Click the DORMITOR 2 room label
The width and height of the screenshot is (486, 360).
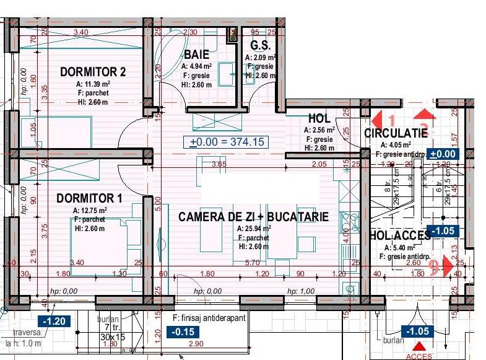coord(93,72)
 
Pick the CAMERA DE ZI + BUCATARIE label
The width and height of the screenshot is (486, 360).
coord(253,217)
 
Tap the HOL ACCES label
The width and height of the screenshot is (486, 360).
coord(399,235)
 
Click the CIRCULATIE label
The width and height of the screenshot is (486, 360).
coord(396,133)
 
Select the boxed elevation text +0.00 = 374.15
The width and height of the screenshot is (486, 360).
coord(227,142)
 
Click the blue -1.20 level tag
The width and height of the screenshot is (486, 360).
coord(53,320)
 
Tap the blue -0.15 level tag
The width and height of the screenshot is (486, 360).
coord(183,331)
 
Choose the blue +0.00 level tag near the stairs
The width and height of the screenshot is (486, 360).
coord(443,154)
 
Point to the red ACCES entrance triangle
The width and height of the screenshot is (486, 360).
coord(419,348)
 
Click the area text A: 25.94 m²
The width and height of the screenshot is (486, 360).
coord(253,228)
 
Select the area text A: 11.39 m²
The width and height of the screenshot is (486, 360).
coord(93,84)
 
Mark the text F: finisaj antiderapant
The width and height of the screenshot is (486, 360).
coord(209,318)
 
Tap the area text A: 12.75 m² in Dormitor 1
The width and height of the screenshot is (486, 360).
coord(90,210)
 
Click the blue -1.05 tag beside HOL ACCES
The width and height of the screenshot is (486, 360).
coord(441,230)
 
